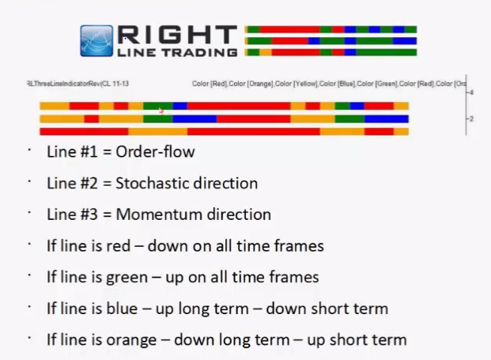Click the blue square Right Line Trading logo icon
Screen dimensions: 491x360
96,41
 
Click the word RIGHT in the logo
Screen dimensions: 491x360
177,35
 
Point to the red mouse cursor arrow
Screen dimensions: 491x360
161,112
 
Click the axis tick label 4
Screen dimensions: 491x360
471,93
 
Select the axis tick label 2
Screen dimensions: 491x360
471,119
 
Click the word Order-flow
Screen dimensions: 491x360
155,152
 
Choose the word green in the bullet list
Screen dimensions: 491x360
127,278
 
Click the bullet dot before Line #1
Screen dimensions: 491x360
29,150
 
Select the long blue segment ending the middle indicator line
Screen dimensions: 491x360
387,119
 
